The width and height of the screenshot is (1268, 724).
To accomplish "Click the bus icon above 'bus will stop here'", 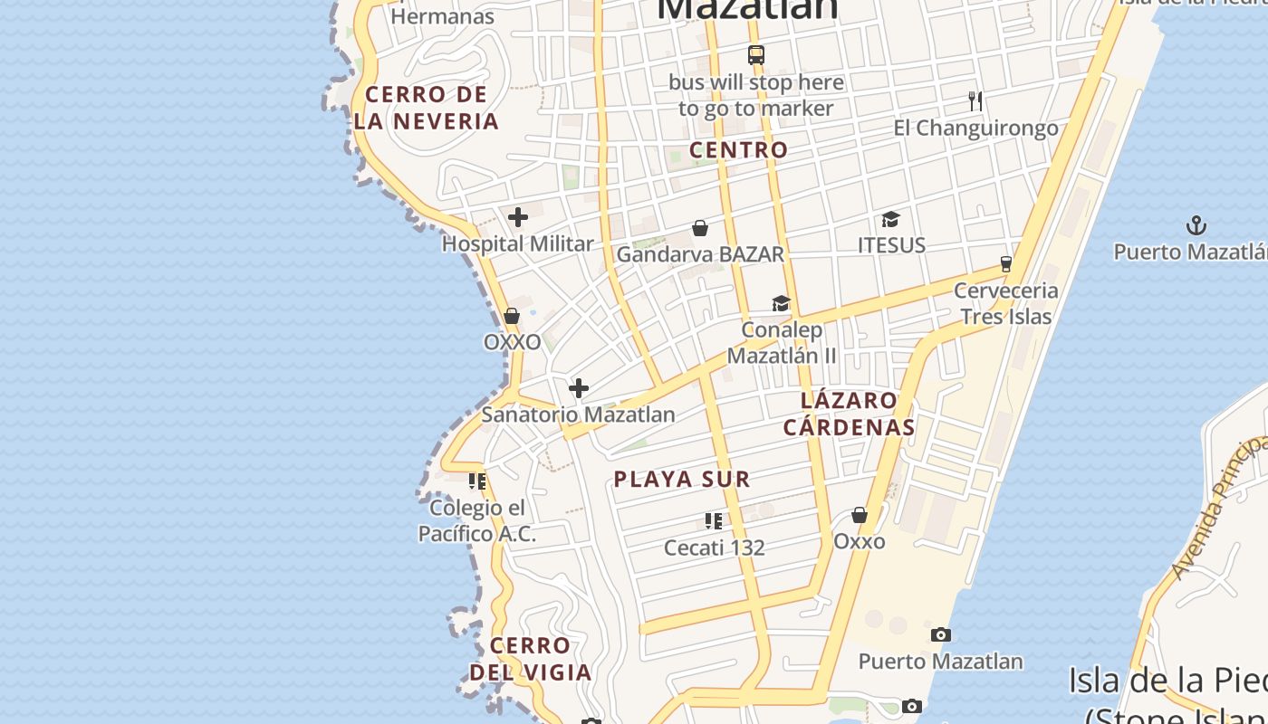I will pos(756,55).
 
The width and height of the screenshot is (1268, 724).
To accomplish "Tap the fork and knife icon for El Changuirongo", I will pos(975,100).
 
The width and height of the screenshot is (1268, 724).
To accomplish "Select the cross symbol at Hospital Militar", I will pos(518,217).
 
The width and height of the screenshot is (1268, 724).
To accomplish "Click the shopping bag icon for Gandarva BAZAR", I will pos(700,228).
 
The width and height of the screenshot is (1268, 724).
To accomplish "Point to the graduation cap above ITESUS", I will pos(891,219).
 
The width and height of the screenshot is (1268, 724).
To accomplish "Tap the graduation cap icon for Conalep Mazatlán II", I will pos(781,303).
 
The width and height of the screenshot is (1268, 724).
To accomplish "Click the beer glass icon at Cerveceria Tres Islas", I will pos(1005,264).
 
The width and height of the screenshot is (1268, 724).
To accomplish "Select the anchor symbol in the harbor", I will pos(1197,225).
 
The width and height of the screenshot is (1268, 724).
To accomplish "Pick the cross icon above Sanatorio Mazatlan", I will pos(579,389).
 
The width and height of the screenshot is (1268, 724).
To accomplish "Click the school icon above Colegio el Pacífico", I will pos(477,481).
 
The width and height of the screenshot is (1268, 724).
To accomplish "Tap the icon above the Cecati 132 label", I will pos(714,521).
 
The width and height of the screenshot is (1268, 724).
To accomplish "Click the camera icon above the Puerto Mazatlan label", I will pos(941,635).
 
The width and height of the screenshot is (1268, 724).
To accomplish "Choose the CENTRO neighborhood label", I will pos(738,150).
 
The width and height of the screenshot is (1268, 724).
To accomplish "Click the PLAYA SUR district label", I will pos(682,480).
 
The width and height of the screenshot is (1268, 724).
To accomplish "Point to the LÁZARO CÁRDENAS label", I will pos(849,414).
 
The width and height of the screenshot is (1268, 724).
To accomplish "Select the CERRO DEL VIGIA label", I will pos(531,659).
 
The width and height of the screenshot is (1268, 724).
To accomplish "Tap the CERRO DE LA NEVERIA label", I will pos(427,108).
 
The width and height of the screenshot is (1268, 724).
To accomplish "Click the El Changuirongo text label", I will pos(975,129).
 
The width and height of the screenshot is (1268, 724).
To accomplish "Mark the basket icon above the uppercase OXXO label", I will pos(512,317).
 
